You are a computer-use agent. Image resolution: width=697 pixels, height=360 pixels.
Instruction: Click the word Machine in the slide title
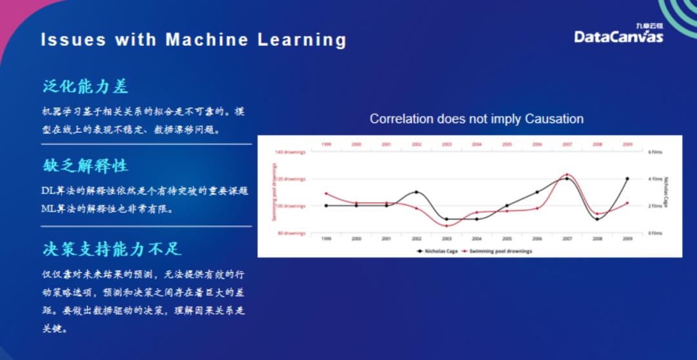[x=207, y=40]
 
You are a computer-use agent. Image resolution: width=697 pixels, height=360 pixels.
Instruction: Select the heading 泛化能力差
[x=86, y=86]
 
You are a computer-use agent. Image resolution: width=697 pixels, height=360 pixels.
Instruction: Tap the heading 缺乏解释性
[x=86, y=166]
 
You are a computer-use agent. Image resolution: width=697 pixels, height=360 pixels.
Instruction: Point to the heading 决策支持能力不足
[x=112, y=248]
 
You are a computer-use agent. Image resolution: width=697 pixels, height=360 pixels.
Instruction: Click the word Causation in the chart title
[x=554, y=119]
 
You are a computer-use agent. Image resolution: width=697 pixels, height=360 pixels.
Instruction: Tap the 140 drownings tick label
[x=290, y=152]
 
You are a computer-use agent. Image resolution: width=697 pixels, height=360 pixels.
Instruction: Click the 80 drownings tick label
[x=292, y=233]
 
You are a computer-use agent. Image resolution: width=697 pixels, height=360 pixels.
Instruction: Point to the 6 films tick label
[x=656, y=152]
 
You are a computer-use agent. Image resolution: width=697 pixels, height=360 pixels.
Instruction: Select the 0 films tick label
[x=656, y=233]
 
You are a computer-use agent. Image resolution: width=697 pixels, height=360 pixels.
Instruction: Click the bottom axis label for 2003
[x=447, y=238]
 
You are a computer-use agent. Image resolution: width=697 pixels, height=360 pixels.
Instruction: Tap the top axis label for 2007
[x=567, y=145]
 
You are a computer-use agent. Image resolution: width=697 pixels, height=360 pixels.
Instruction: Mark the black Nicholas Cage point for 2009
[x=627, y=179]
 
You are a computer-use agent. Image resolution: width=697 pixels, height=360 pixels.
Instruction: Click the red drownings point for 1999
[x=326, y=193]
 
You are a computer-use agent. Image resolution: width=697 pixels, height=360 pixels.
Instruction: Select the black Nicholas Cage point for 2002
[x=416, y=192]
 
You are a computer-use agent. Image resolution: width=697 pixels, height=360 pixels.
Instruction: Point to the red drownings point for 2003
[x=447, y=226]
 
